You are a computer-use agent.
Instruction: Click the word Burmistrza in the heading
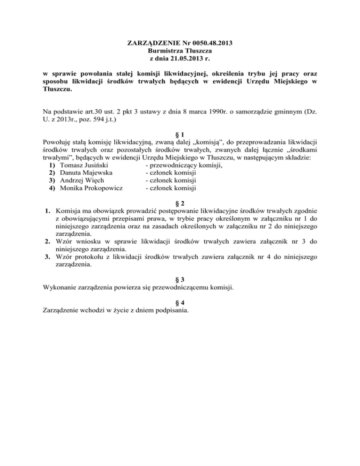tap(165, 52)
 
